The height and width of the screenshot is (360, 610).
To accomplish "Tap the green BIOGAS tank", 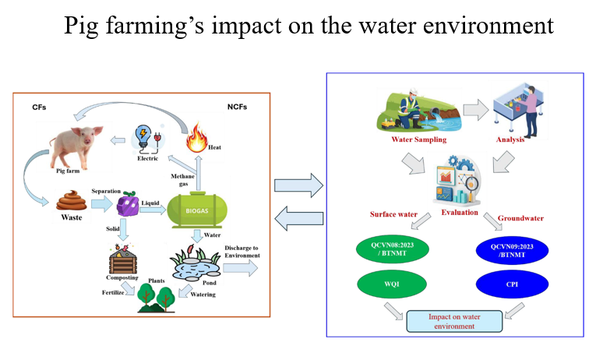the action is click(x=197, y=210).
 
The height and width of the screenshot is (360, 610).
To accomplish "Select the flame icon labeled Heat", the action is click(x=196, y=137).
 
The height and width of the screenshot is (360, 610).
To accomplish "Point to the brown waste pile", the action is click(x=71, y=201).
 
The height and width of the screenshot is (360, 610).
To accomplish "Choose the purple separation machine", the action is click(x=128, y=204).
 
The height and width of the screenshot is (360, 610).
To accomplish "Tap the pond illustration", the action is click(x=196, y=263).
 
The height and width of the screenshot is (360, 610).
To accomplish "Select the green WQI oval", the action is click(x=392, y=284).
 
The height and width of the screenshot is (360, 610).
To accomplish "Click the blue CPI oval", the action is click(x=512, y=284).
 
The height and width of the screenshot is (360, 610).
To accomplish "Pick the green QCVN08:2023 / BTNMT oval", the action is click(x=393, y=249).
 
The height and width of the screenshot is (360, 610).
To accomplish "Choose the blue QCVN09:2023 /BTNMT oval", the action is click(x=512, y=251).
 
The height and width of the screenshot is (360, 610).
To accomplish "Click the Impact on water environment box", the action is click(x=454, y=322).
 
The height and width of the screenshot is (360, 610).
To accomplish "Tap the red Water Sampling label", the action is click(x=419, y=139).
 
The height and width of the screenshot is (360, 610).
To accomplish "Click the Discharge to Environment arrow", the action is click(x=240, y=268).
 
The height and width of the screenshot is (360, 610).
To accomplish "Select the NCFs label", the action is click(x=237, y=107).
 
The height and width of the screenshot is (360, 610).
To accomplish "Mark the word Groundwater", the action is click(x=520, y=218).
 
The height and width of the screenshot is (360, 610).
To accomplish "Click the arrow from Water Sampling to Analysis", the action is click(x=476, y=110).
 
